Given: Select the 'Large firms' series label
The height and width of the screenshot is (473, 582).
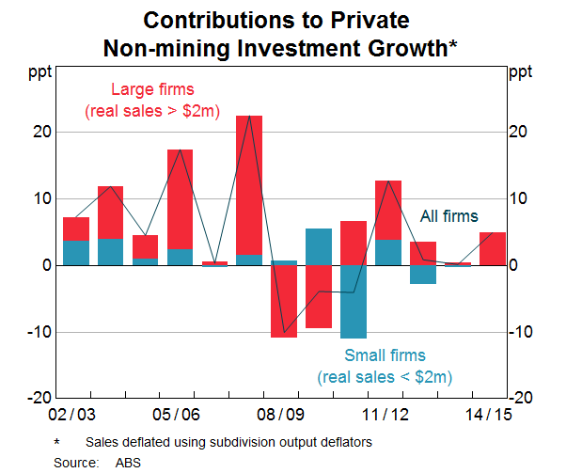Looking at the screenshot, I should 152,90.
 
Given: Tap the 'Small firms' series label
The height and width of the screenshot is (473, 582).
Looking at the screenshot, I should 385,355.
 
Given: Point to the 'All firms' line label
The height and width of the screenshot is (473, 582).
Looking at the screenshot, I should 448,216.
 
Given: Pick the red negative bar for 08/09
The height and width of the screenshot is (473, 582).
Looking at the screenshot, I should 283,301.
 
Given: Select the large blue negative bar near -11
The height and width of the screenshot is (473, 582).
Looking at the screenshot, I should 353,301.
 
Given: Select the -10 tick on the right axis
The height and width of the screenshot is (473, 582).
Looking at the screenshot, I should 523,332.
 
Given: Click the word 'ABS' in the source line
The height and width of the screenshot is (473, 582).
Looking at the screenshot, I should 127,462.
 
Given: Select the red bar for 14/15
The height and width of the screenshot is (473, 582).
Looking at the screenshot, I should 493,248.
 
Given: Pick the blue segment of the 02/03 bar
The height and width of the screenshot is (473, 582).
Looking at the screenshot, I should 76,253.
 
